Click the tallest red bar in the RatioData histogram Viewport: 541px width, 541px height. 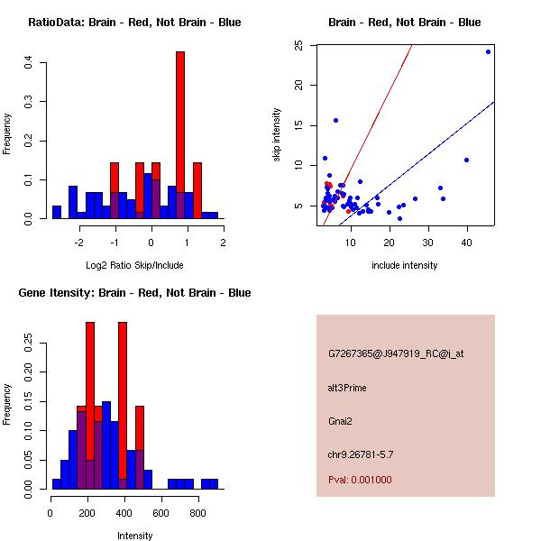click(x=180, y=135)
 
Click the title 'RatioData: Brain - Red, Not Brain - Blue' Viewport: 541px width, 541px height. click(x=134, y=23)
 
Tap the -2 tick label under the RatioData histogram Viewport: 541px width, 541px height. click(x=78, y=243)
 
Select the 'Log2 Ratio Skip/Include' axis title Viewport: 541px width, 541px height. click(x=133, y=266)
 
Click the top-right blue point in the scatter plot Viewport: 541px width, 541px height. click(x=488, y=51)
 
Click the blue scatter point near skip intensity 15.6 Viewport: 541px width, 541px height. click(x=335, y=120)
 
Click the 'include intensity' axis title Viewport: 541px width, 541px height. click(x=405, y=265)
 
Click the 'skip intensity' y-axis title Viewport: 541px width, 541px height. click(x=277, y=135)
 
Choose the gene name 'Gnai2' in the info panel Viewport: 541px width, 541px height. click(x=341, y=420)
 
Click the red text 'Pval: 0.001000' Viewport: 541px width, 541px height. click(x=360, y=480)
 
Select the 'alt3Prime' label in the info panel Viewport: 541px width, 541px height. click(x=347, y=388)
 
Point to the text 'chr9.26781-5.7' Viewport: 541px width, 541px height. click(x=360, y=454)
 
